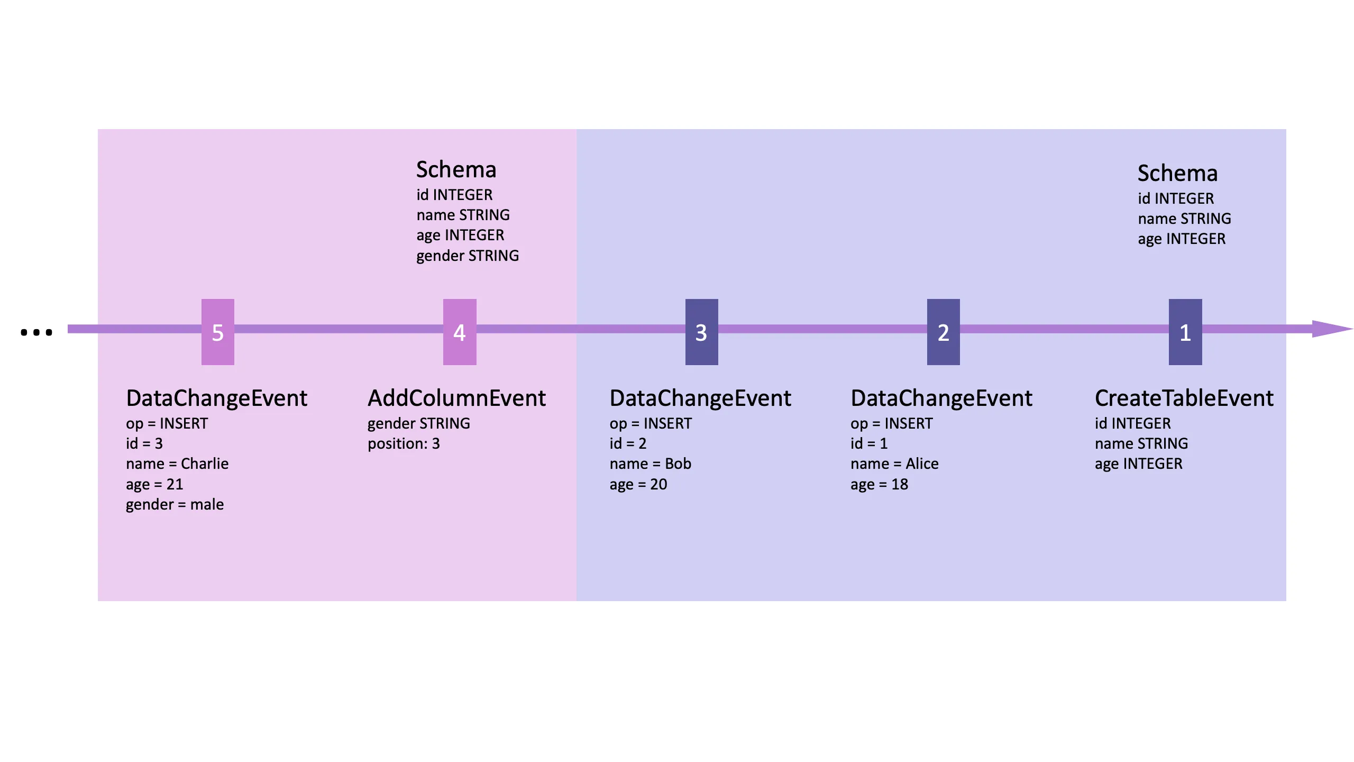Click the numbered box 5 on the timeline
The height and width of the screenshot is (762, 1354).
click(217, 332)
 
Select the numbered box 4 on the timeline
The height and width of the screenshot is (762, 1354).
click(459, 332)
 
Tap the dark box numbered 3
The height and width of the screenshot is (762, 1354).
click(701, 332)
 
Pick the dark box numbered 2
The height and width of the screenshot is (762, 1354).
click(943, 332)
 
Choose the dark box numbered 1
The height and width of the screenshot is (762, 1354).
click(1185, 332)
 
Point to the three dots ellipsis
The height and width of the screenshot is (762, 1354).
click(36, 332)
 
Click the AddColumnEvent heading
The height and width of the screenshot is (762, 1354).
click(456, 398)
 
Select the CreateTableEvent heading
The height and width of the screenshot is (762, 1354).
click(1184, 398)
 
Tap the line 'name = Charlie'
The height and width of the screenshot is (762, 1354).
click(177, 464)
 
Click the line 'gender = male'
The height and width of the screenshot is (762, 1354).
click(175, 504)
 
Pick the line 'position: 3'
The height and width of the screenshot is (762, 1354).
click(404, 443)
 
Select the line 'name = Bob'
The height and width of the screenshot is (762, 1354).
click(650, 464)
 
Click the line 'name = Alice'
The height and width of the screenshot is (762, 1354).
click(894, 464)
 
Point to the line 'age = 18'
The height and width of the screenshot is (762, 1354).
click(879, 484)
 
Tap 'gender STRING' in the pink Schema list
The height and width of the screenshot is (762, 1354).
click(468, 256)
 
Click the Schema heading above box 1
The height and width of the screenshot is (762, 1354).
click(1177, 173)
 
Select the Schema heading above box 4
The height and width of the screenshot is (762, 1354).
click(456, 169)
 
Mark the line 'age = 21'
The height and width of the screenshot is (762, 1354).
click(154, 484)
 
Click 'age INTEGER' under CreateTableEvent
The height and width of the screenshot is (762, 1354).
click(1138, 464)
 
